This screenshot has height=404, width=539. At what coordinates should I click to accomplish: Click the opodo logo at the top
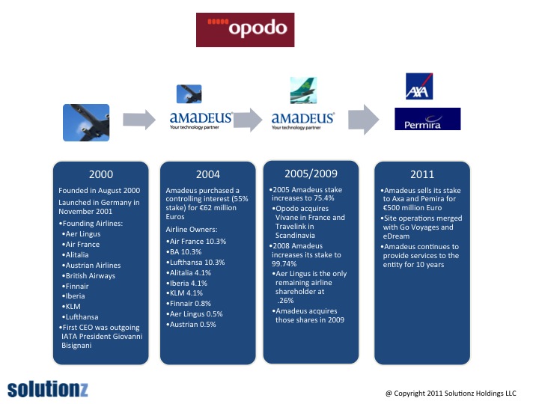pos(245,29)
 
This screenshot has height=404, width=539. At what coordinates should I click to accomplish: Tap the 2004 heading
pos(207,174)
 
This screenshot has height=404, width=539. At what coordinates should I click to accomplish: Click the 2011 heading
pos(421,174)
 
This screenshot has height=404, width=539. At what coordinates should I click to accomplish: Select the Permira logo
pos(427,119)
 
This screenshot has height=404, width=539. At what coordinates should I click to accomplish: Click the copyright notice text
pos(451,391)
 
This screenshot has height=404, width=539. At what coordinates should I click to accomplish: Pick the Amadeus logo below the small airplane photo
pos(201,120)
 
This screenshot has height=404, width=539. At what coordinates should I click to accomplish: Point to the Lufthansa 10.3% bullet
pos(197,262)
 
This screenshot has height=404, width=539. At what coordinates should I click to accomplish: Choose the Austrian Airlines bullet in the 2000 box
pos(93,265)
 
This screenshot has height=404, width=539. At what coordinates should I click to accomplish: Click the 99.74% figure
pos(285,264)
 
